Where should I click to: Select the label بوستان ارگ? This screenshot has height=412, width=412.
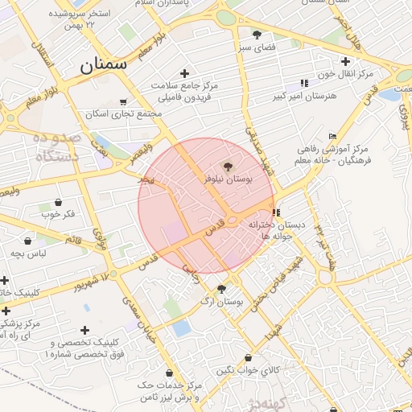tap(222, 303)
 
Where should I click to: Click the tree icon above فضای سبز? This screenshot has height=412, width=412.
tap(257, 35)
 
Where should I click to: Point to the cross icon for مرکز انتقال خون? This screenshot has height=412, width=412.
tap(346, 61)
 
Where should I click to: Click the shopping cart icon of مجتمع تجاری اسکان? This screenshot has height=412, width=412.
tap(122, 102)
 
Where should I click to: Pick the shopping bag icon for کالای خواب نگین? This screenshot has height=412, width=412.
tap(248, 358)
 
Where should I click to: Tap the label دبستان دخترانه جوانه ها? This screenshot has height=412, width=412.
tap(277, 230)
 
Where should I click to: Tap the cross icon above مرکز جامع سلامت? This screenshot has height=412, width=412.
tap(185, 73)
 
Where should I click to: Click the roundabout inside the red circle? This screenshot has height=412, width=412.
tap(232, 219)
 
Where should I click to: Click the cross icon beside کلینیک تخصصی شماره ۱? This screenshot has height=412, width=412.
tap(86, 329)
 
